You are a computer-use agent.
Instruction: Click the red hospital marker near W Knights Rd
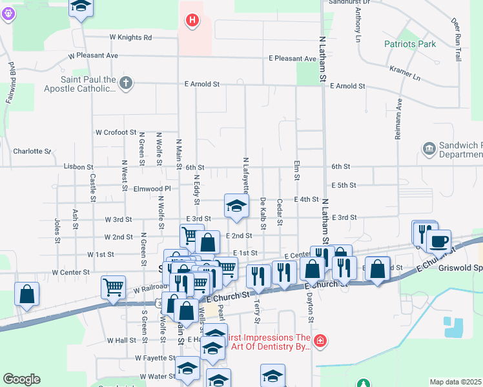coord(192,21)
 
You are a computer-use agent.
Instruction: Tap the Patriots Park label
coord(410,45)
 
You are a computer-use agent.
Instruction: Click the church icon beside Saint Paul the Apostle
coord(126,83)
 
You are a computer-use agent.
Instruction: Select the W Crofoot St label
coord(116,132)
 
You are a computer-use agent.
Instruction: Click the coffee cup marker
coord(438,241)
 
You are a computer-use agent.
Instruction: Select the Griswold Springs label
coord(460,268)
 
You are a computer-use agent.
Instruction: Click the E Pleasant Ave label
coord(293,59)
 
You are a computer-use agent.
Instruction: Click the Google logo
coord(21,379)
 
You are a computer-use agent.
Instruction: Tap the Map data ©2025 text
coord(455,382)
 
